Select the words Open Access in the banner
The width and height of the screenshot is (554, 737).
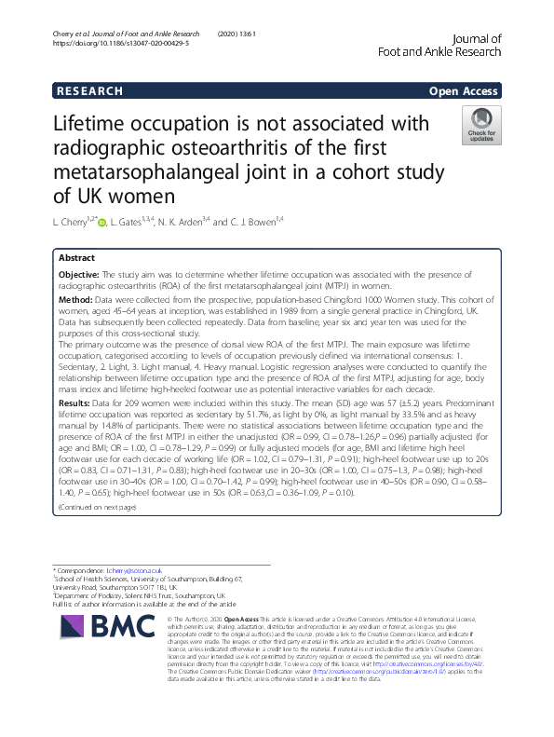465,91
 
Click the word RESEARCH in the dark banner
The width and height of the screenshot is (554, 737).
88,91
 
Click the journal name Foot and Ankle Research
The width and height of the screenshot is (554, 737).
444,52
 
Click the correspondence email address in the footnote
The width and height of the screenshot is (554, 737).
135,569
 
